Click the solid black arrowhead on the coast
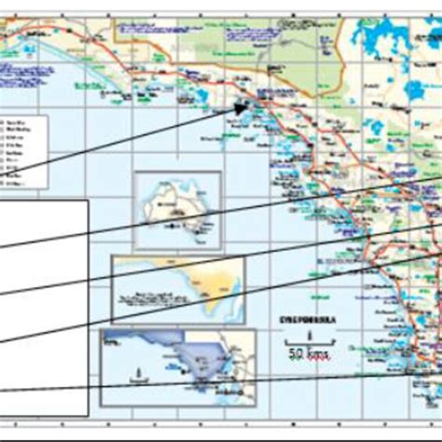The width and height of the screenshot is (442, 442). pyautogui.click(x=242, y=108)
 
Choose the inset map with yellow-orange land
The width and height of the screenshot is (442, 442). pyautogui.click(x=178, y=290)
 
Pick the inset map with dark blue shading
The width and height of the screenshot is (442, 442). pyautogui.click(x=177, y=366)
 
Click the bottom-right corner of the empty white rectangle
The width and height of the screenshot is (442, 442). pyautogui.click(x=89, y=416)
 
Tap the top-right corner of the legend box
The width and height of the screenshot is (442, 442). pyautogui.click(x=48, y=113)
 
